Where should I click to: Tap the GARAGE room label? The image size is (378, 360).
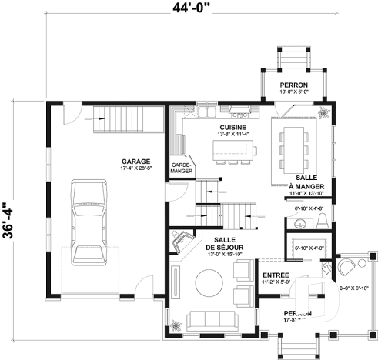pos(113,162)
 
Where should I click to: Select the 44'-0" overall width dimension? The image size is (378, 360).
pos(189,9)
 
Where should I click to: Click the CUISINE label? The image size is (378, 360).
pos(232,127)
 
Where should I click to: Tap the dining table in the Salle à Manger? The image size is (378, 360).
pos(297,148)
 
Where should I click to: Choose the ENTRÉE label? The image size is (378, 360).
pos(276,275)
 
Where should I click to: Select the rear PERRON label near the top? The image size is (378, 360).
pos(294,85)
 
